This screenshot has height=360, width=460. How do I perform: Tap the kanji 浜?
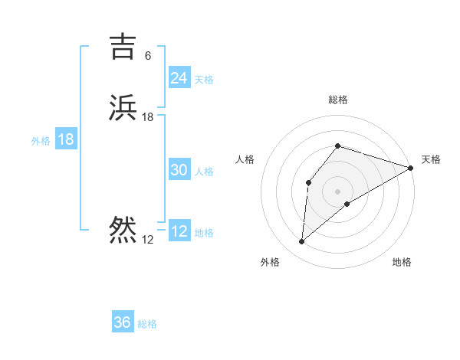point(123,108)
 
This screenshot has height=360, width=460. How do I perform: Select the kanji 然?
point(123,229)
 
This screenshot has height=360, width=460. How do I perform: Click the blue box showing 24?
point(179,78)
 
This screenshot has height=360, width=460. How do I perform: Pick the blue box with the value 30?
point(179,171)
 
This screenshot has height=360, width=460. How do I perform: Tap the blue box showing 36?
point(123,322)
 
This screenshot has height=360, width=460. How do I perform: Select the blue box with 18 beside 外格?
point(66,140)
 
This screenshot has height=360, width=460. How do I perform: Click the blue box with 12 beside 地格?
point(179,232)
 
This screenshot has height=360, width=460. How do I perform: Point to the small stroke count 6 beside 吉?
point(148,56)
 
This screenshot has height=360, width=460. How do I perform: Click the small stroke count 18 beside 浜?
point(148,117)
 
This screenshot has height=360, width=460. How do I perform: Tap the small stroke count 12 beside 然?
point(148,240)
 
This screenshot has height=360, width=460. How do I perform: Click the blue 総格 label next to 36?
point(147,324)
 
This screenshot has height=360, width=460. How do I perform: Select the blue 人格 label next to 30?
point(204,172)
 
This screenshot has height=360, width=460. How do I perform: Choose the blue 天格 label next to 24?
point(204,80)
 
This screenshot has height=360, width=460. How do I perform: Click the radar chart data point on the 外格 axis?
point(301,242)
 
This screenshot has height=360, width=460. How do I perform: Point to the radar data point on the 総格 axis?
point(337,146)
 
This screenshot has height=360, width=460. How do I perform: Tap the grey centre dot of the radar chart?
point(337,191)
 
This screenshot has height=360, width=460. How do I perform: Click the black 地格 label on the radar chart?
point(402,263)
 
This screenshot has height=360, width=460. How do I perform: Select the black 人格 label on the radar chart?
point(245,159)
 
